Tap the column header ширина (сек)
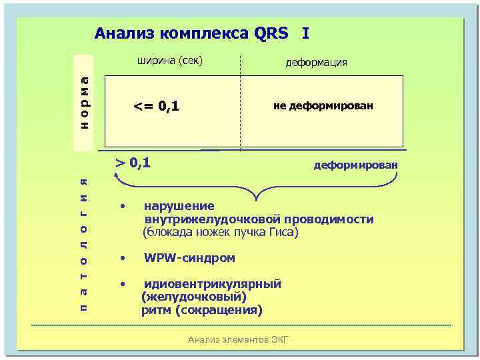[x=169, y=61]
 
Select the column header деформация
[x=316, y=62]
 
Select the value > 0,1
[x=133, y=161]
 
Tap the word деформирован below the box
[x=355, y=165]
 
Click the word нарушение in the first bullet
[x=179, y=206]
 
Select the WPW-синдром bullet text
[x=189, y=257]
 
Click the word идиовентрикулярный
[x=213, y=284]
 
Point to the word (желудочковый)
[x=194, y=297]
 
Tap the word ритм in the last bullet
[x=153, y=311]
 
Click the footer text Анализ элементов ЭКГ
[x=239, y=340]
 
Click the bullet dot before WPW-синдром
[x=122, y=257]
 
